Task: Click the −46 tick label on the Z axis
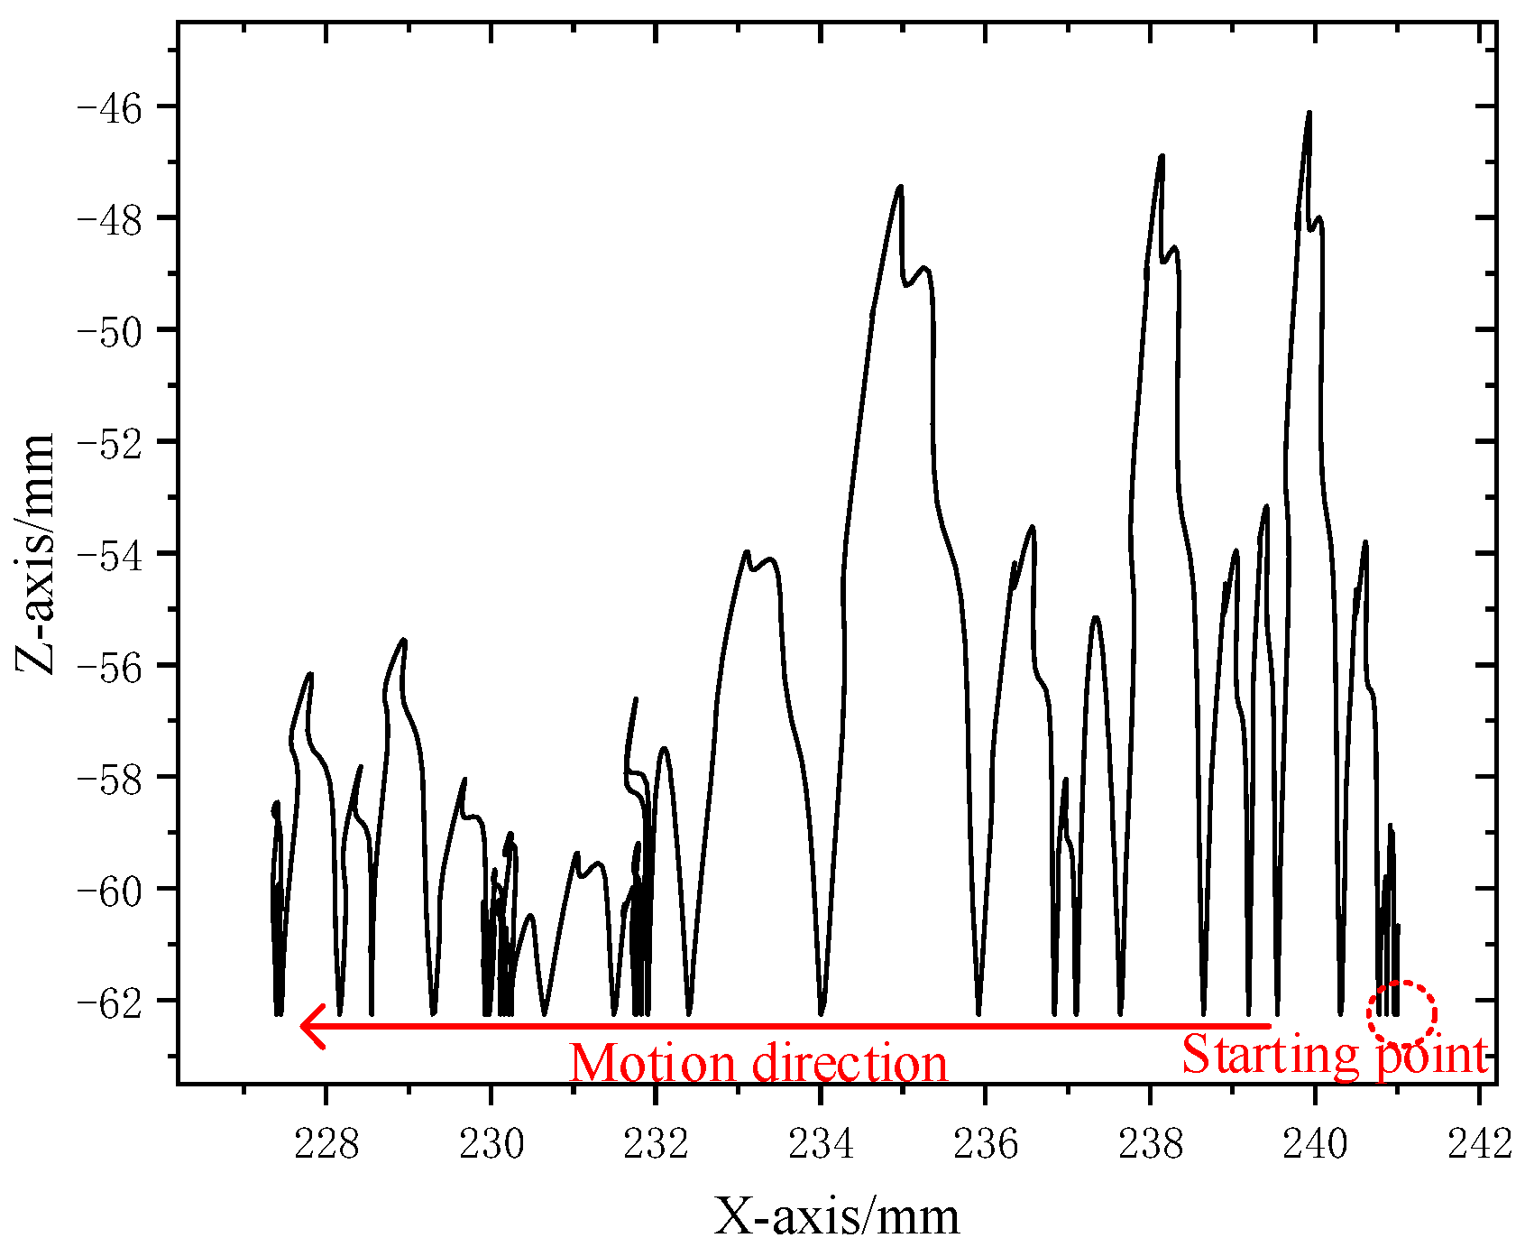[115, 106]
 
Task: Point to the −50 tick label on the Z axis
[115, 329]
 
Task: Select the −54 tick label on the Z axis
[115, 553]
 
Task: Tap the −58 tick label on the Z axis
[115, 777]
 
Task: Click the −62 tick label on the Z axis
[115, 1001]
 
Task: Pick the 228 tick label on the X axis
[326, 1145]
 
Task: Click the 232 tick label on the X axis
[656, 1145]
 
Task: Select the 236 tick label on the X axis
[986, 1145]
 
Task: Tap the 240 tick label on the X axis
[1315, 1145]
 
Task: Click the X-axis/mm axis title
[837, 1215]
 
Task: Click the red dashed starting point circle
[1401, 1015]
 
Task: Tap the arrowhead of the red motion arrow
[311, 1026]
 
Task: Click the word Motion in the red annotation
[653, 1064]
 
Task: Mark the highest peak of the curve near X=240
[1309, 114]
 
